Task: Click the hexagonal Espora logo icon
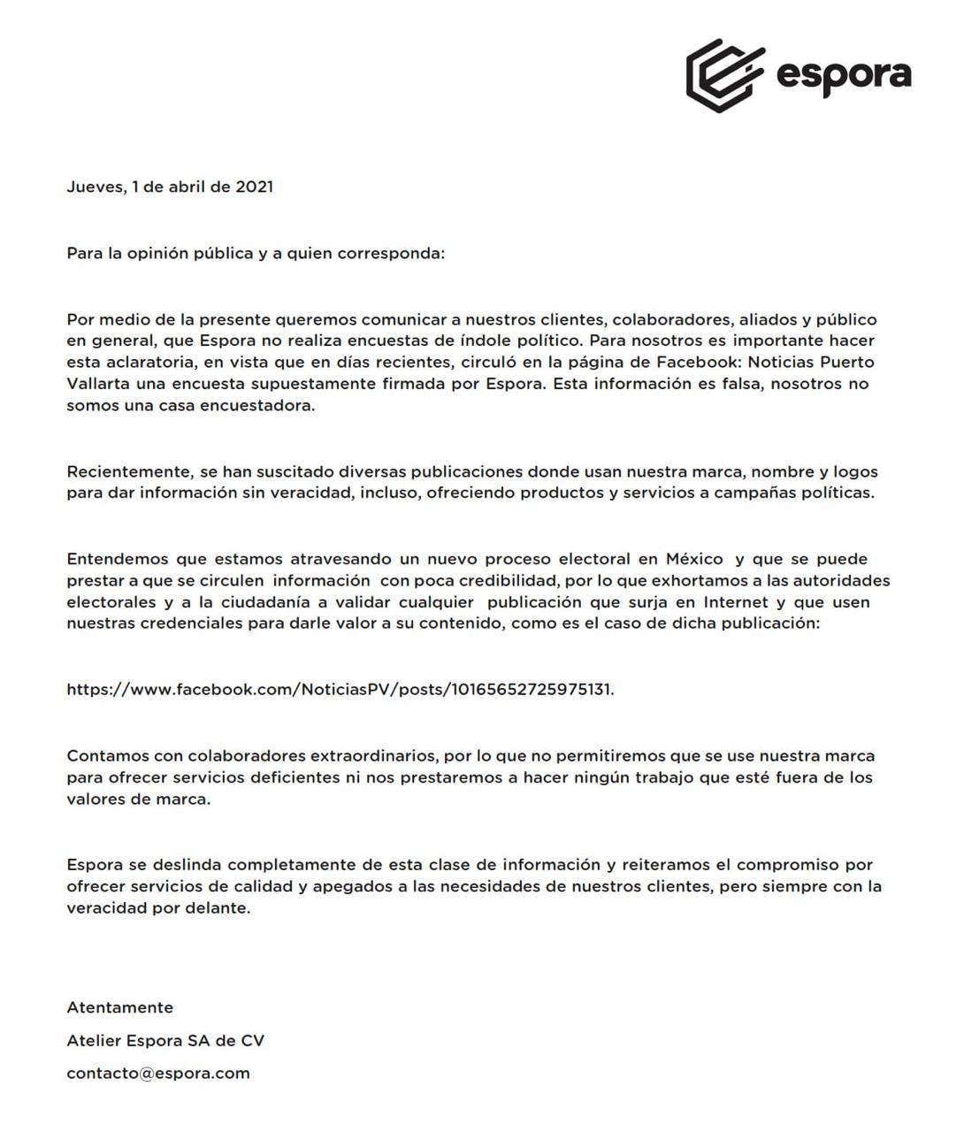[724, 75]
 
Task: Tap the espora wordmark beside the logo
[843, 75]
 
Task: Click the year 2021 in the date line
[254, 187]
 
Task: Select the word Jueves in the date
[95, 187]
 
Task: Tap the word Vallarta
[98, 384]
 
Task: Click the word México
[694, 559]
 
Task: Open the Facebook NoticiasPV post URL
[340, 690]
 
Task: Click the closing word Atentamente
[120, 1008]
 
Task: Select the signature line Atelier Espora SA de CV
[165, 1041]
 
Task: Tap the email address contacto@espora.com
[158, 1074]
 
